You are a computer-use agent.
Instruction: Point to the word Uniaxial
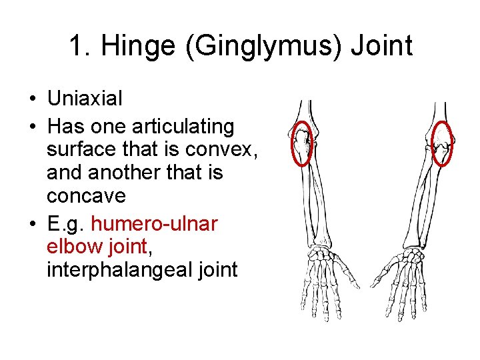[85, 99]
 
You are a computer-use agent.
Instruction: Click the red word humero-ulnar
[159, 224]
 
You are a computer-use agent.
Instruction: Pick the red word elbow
[71, 247]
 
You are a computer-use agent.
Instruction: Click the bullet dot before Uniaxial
[32, 99]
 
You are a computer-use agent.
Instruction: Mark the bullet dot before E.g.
[32, 225]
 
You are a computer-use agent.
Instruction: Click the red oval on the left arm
[303, 143]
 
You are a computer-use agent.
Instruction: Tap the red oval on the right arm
[442, 143]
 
